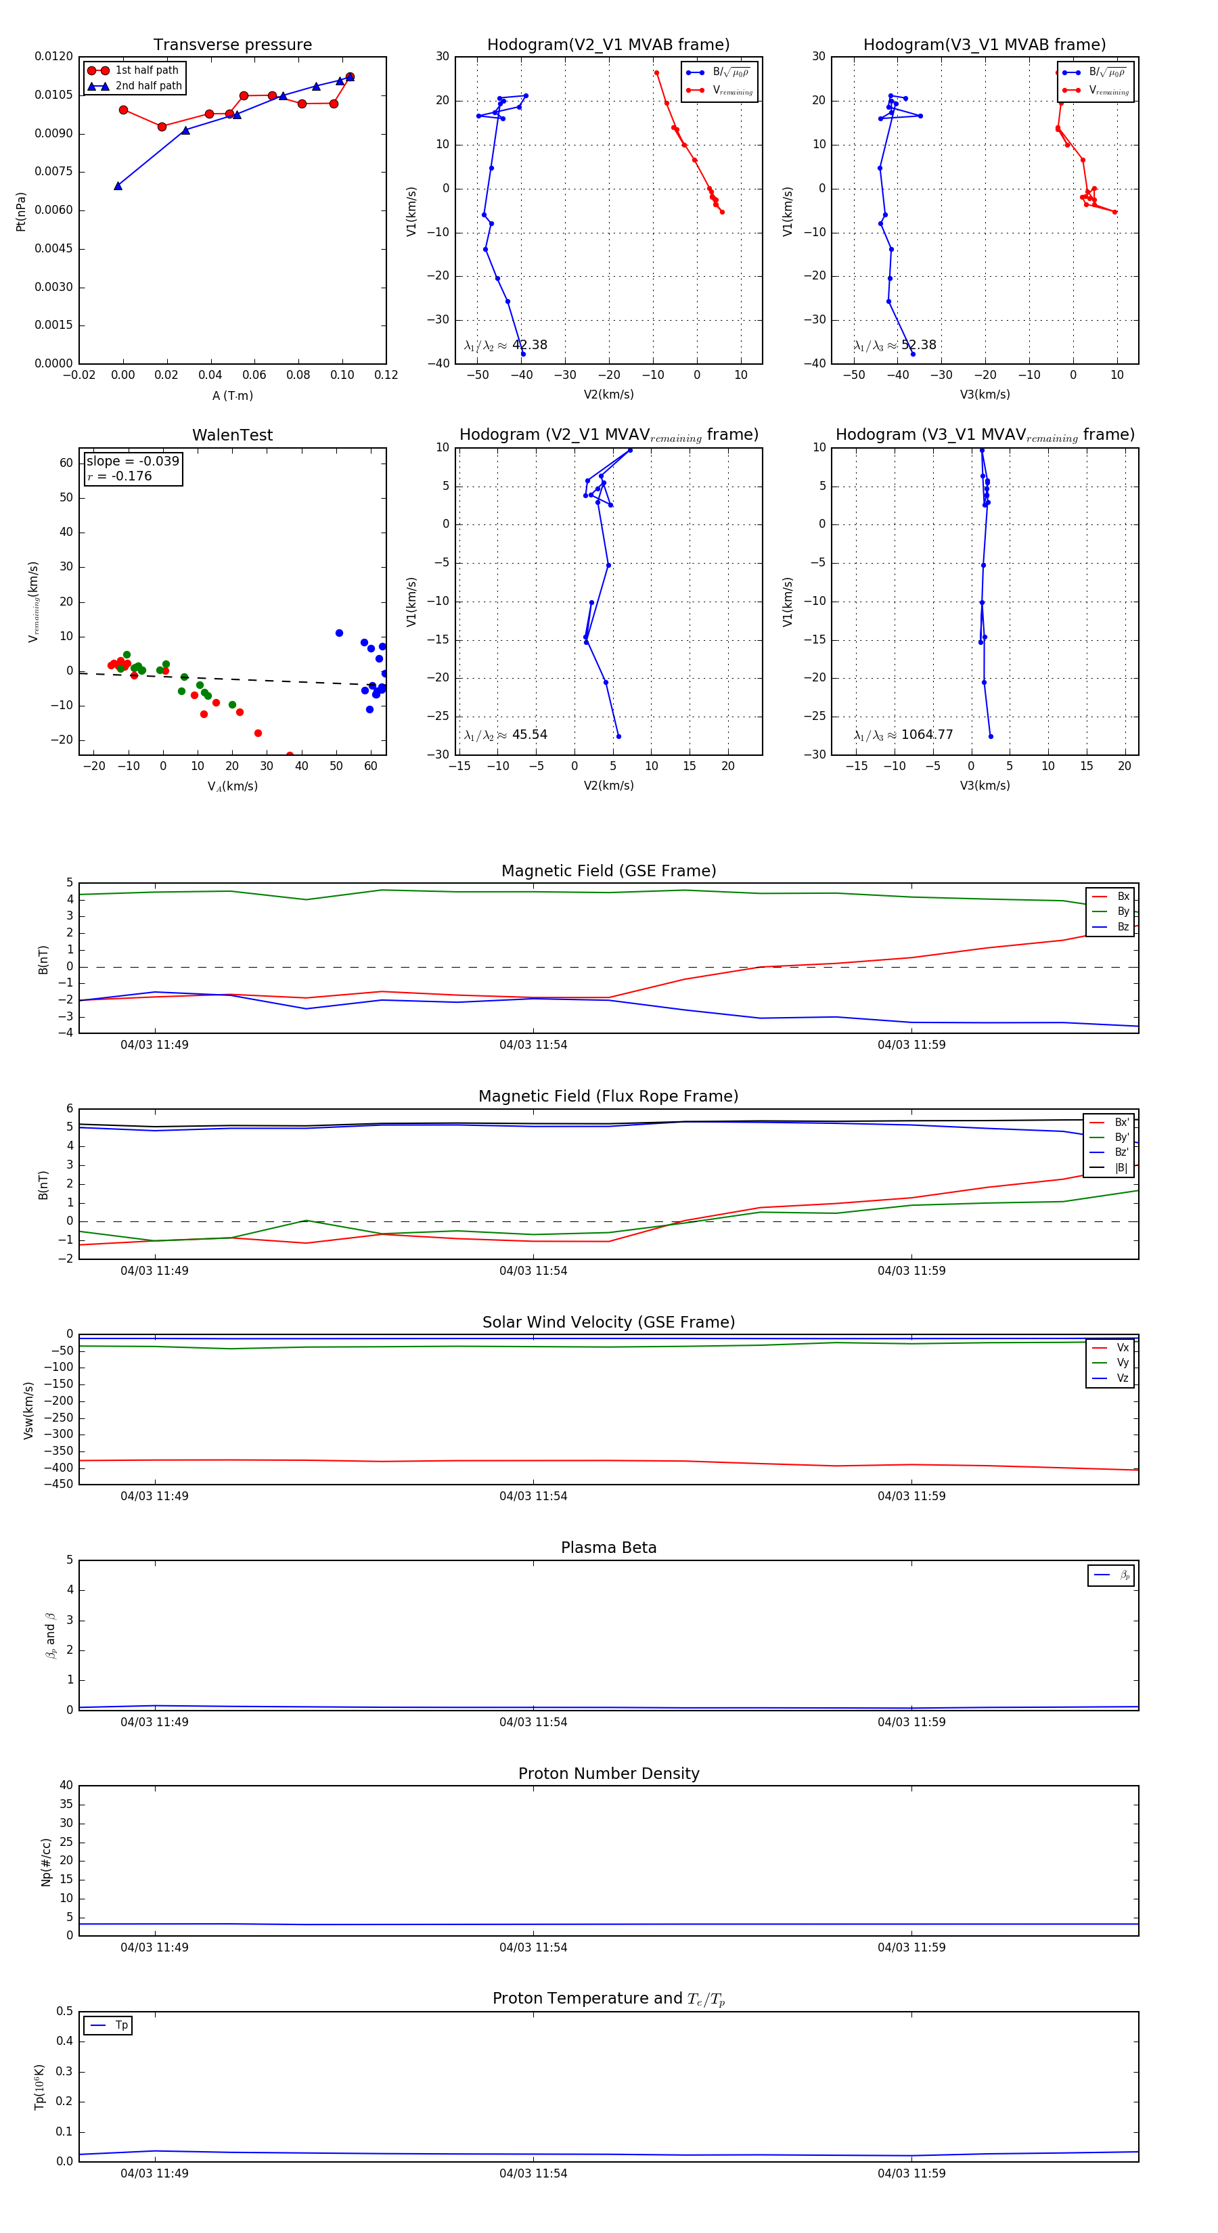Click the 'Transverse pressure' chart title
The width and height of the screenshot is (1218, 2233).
click(x=232, y=45)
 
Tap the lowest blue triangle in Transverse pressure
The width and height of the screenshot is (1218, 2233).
click(x=118, y=185)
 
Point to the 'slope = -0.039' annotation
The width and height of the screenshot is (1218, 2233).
click(x=133, y=461)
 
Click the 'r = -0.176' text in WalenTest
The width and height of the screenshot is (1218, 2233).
click(x=120, y=476)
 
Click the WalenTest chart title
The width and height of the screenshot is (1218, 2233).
click(x=232, y=435)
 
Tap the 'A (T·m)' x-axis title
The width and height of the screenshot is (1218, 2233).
click(x=232, y=396)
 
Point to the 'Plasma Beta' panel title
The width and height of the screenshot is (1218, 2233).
click(x=608, y=1548)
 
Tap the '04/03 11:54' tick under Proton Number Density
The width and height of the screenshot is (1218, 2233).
click(x=533, y=1947)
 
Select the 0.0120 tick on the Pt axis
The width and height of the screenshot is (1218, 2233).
click(x=53, y=56)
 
